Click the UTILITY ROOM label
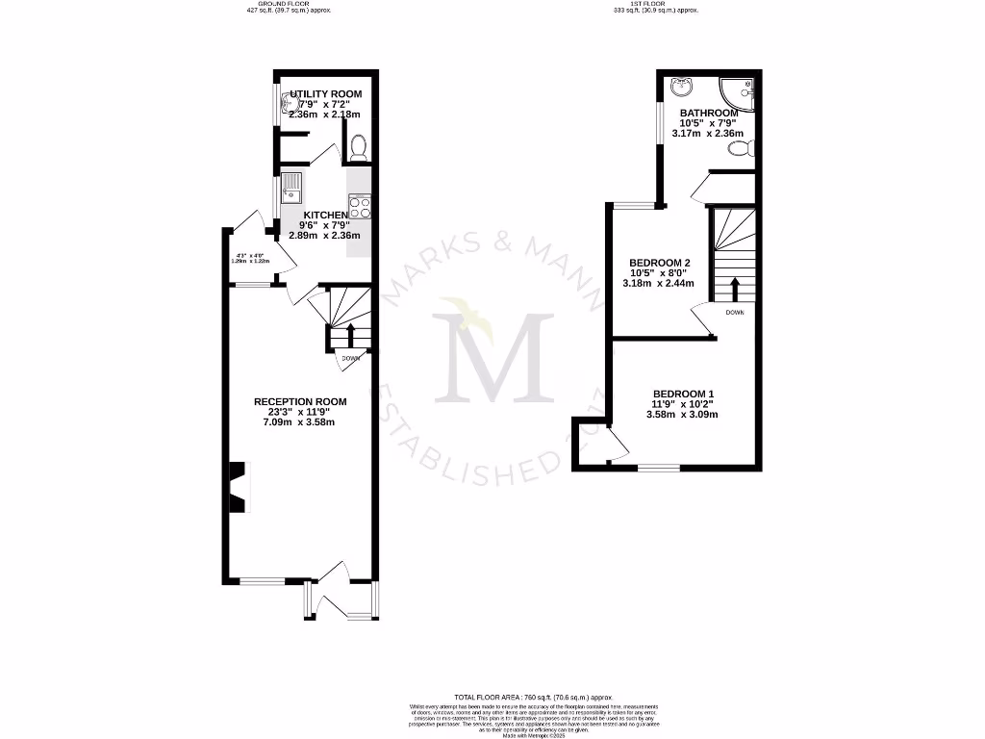point(319,93)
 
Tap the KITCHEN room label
point(325,215)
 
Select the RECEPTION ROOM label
point(300,401)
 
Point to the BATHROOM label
point(708,113)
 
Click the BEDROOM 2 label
point(660,263)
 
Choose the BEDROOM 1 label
point(683,394)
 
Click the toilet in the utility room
point(358,147)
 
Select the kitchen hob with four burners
point(360,207)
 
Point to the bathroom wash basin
point(681,88)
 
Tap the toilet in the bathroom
point(741,149)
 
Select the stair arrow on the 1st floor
point(735,288)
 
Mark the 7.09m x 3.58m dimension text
point(300,422)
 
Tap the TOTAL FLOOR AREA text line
point(533,697)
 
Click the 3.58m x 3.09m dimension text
point(683,415)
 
